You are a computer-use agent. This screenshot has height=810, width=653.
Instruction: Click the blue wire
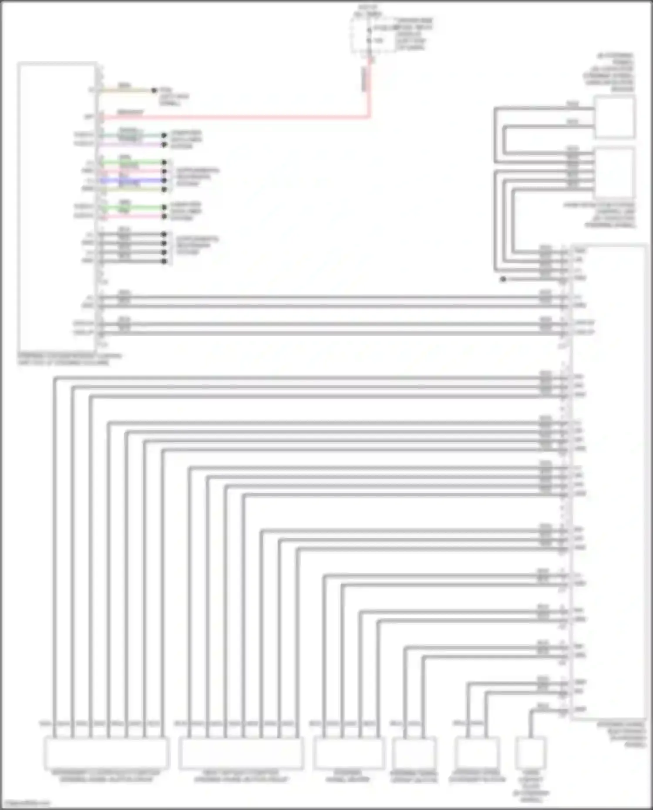pyautogui.click(x=131, y=180)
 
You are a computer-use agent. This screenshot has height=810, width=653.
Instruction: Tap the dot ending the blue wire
pyautogui.click(x=164, y=180)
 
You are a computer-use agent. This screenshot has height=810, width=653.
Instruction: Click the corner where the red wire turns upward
pyautogui.click(x=369, y=116)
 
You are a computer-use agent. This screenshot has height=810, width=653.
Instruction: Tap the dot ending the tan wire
pyautogui.click(x=154, y=91)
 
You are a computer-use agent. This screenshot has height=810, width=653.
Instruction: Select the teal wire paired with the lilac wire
pyautogui.click(x=131, y=135)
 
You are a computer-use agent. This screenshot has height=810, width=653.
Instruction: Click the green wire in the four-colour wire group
pyautogui.click(x=131, y=162)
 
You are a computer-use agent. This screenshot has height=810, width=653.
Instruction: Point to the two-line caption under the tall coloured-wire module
pyautogui.click(x=70, y=359)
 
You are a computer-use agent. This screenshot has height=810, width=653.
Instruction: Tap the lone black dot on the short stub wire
pyautogui.click(x=503, y=279)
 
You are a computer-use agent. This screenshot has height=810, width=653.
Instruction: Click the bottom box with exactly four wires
pyautogui.click(x=349, y=753)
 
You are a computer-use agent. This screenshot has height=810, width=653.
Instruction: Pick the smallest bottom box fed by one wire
pyautogui.click(x=531, y=753)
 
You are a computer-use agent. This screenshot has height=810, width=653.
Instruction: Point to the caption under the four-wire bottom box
pyautogui.click(x=347, y=776)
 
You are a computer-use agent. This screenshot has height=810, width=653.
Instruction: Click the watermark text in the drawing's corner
pyautogui.click(x=25, y=803)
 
